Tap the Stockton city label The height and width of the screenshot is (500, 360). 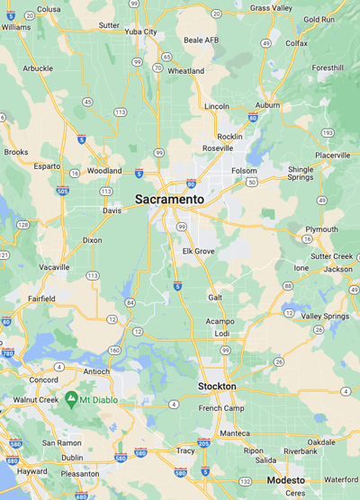pos(217,386)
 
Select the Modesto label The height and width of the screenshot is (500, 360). pos(285,480)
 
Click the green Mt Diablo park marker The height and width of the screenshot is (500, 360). pos(71,397)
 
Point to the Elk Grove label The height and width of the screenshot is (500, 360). pos(199,251)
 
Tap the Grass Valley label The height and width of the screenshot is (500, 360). pos(271,7)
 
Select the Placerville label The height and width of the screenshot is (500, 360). pos(332,155)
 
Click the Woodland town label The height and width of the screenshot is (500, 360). pos(104,170)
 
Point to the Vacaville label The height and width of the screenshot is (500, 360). pos(55,268)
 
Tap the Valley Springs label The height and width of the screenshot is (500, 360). pos(325,317)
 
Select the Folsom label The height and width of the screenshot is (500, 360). pos(244,170)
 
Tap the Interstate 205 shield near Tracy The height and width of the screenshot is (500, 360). pos(203,443)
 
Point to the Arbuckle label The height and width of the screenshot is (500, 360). pos(38,67)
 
